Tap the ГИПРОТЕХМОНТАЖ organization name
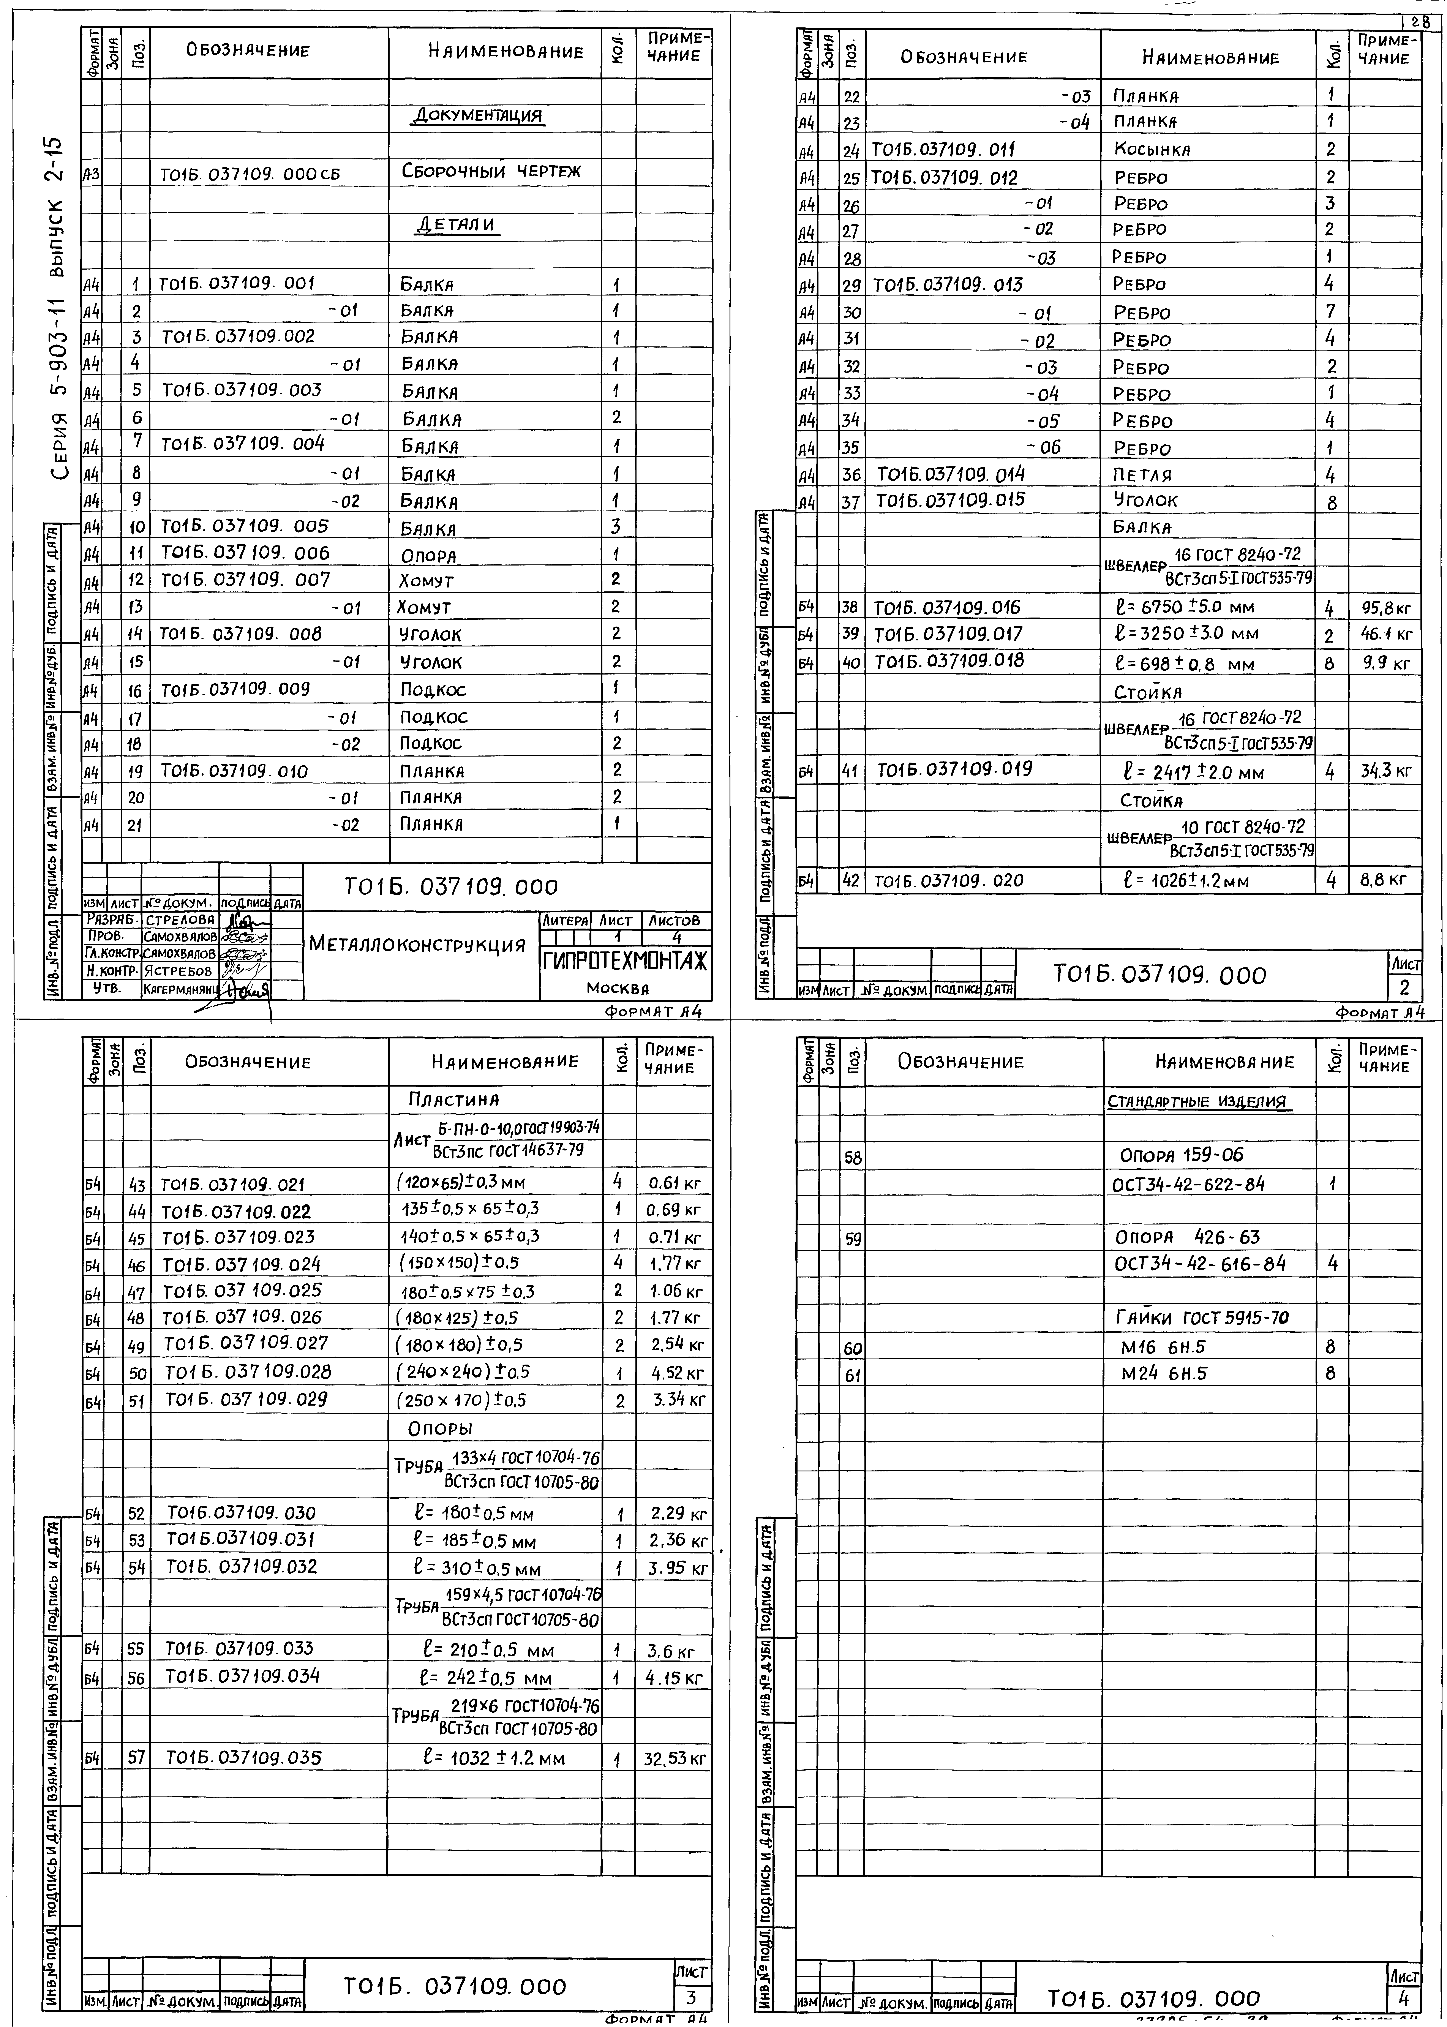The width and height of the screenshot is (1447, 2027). click(x=626, y=962)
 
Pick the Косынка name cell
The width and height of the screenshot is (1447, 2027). click(x=1152, y=150)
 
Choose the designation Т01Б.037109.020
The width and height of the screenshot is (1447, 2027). click(x=948, y=881)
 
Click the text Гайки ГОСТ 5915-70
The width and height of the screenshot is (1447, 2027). click(x=1202, y=1318)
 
